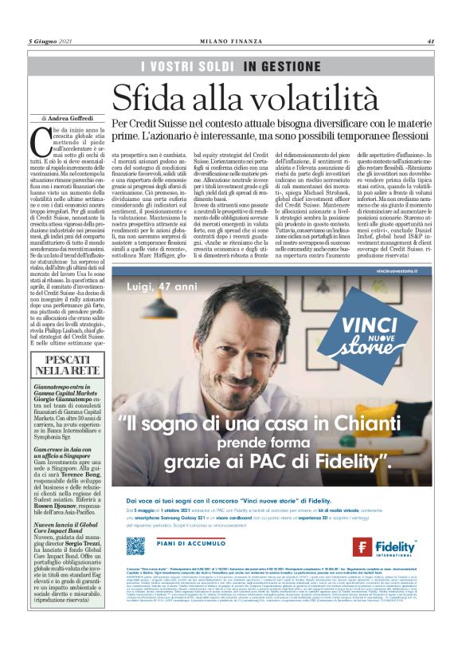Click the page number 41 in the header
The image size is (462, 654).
click(429, 41)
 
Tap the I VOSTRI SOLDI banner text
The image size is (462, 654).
click(187, 66)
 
